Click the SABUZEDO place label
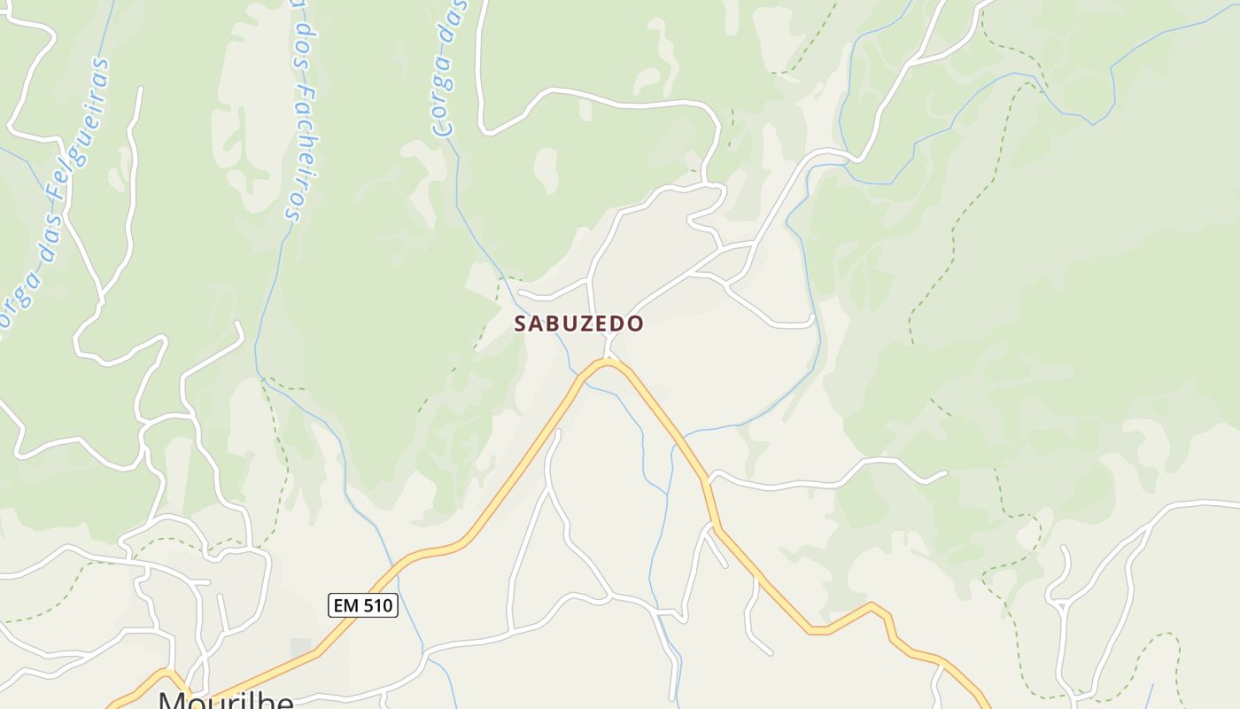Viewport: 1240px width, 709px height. click(578, 323)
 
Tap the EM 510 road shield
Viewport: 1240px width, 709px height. click(363, 605)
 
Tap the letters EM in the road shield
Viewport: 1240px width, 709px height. click(345, 605)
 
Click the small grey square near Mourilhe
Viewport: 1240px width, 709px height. click(300, 648)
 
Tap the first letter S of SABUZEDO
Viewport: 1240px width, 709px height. click(521, 323)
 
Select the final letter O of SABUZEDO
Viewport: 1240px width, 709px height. click(636, 323)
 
